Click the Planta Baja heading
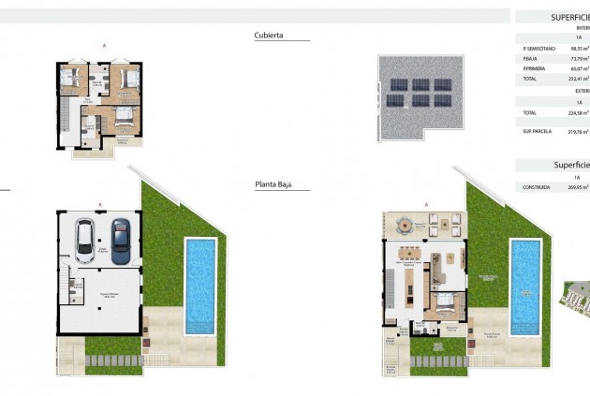pyautogui.click(x=273, y=185)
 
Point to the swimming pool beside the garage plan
pyautogui.click(x=200, y=284)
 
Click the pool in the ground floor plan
pyautogui.click(x=526, y=284)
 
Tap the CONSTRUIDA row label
pyautogui.click(x=537, y=186)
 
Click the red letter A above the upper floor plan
pyautogui.click(x=103, y=45)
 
